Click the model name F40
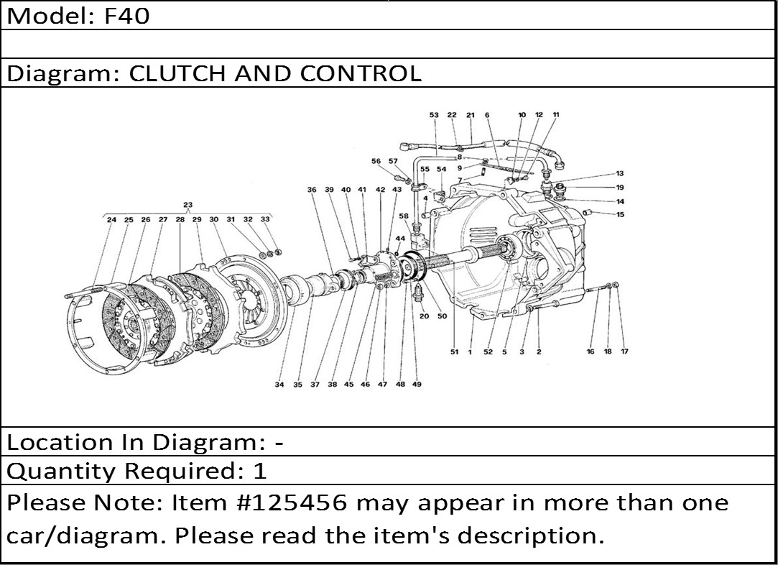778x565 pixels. pos(126,16)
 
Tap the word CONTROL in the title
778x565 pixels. pos(361,73)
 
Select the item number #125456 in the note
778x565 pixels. pos(293,503)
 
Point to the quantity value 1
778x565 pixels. pos(260,471)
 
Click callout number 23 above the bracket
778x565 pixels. pos(187,205)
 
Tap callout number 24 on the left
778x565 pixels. pos(111,219)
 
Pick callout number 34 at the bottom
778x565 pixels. pos(280,385)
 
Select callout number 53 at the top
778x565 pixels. pos(434,115)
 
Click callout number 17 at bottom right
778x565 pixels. pos(625,352)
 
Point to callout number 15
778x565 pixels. pos(620,215)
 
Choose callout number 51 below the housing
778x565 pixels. pos(455,352)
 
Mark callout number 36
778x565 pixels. pos(312,190)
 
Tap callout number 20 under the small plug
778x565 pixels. pos(425,316)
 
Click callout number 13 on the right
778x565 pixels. pos(620,174)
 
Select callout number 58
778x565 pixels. pos(404,216)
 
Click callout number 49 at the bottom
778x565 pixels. pos(417,385)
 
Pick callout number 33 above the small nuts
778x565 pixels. pos(266,219)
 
